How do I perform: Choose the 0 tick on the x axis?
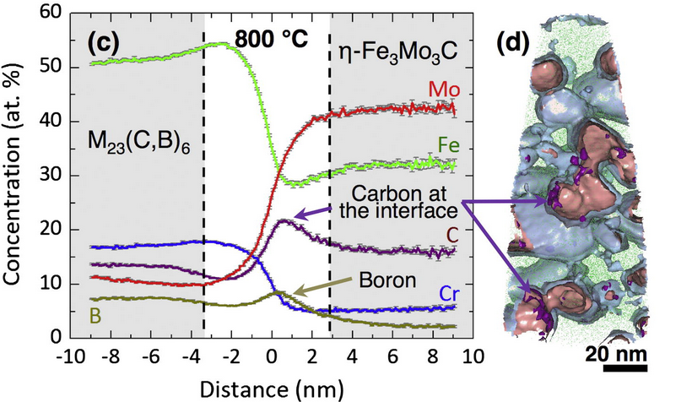click(270, 354)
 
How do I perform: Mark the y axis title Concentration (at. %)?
click(15, 176)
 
